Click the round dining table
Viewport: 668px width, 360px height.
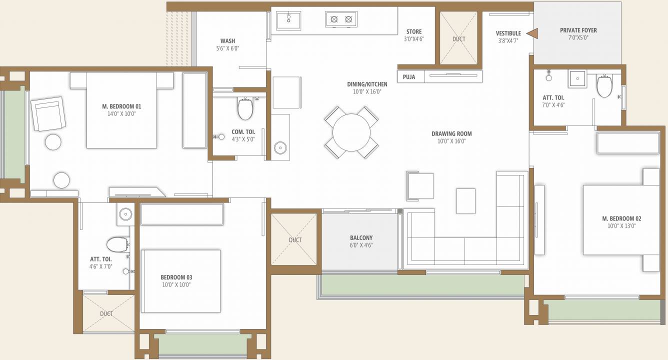coord(351,132)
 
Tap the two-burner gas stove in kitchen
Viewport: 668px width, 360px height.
coord(341,19)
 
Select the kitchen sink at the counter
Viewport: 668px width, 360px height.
coord(288,20)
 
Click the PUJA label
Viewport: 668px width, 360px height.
coord(409,77)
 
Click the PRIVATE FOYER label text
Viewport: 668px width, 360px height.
coord(578,30)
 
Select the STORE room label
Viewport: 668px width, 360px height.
coord(413,31)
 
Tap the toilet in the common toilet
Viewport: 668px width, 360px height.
coord(245,109)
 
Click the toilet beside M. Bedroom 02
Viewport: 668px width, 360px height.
coord(604,86)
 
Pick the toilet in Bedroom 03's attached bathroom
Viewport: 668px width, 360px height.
coord(117,245)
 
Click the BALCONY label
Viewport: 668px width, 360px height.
coord(361,238)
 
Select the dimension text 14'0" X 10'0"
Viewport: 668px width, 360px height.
coord(121,113)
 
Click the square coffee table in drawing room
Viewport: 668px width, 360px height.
coord(465,201)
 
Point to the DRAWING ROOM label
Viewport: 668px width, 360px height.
coord(451,133)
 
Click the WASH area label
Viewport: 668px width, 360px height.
coord(227,41)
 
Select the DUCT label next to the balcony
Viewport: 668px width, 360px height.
coord(295,240)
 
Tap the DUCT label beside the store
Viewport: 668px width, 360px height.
coord(458,39)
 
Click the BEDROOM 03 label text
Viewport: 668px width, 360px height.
coord(176,277)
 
